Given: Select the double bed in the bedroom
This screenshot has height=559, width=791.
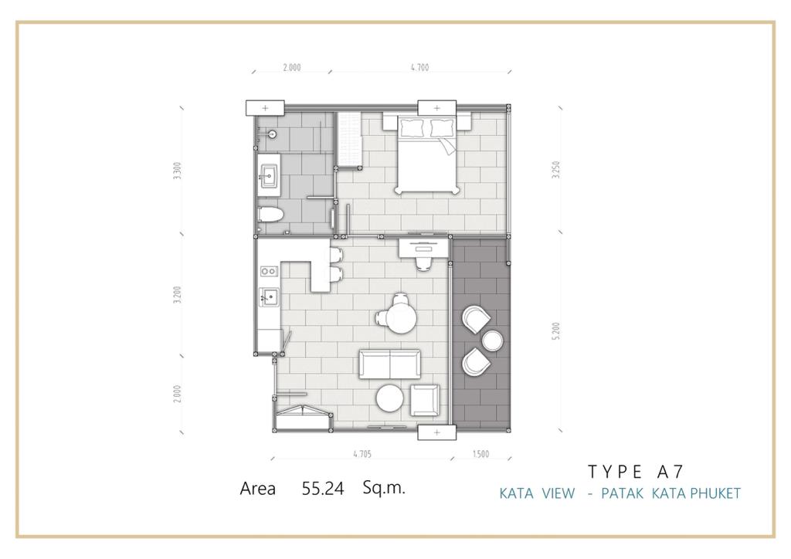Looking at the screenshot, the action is (x=427, y=155).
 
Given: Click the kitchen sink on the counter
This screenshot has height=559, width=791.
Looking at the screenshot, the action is (x=269, y=297).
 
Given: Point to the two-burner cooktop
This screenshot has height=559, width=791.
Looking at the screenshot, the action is (x=269, y=271).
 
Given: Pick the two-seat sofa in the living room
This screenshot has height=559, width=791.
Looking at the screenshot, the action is (x=389, y=364).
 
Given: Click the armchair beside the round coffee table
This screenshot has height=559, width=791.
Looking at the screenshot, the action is (x=425, y=400).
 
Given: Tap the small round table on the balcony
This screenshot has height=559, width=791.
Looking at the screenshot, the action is (x=492, y=340).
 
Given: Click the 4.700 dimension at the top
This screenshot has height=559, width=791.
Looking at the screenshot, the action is (x=419, y=66).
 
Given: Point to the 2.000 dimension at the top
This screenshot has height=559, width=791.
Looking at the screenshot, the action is (x=291, y=67).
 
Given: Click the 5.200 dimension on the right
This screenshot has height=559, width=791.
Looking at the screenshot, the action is (x=556, y=330).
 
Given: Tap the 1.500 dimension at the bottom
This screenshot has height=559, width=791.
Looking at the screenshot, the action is (x=480, y=454).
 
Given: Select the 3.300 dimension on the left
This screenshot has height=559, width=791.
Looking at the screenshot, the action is (x=176, y=171).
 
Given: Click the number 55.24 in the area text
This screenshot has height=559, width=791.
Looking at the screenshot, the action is (x=323, y=488).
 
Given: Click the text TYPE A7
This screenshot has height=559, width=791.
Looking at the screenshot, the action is (x=636, y=471).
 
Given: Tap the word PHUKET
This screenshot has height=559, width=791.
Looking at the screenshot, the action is (x=715, y=493).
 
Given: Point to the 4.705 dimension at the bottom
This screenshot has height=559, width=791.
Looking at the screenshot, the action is (x=362, y=454).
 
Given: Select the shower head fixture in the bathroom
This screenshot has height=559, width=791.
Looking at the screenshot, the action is (x=270, y=134).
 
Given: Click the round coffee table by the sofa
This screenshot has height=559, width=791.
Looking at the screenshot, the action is (x=389, y=398).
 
